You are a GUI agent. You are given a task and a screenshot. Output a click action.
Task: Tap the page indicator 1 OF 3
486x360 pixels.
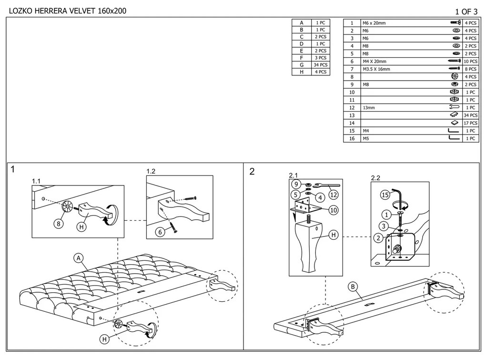click(466, 11)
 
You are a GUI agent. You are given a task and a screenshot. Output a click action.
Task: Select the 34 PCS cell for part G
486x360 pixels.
click(320, 65)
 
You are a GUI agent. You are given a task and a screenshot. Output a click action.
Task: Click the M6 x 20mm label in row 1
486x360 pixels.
click(374, 23)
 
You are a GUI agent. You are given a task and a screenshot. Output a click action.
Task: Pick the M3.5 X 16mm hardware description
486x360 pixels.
click(376, 69)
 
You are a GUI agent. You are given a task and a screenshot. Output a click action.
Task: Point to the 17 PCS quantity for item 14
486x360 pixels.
click(470, 123)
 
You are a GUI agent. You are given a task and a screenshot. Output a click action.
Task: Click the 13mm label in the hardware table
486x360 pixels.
click(369, 108)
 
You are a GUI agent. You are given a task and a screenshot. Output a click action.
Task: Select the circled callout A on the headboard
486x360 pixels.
click(79, 258)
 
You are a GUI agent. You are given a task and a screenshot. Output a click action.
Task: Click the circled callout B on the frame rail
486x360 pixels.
click(353, 287)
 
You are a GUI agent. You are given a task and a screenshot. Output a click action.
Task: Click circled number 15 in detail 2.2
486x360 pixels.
click(385, 195)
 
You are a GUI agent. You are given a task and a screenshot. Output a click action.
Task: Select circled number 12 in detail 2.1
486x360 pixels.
click(334, 195)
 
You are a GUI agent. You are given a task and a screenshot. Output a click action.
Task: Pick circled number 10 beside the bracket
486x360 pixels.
click(334, 210)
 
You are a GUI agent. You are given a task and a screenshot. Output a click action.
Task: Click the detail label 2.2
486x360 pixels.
click(375, 178)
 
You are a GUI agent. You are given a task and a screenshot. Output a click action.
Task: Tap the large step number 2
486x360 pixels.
click(252, 172)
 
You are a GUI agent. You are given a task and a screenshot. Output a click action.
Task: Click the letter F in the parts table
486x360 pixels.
click(302, 58)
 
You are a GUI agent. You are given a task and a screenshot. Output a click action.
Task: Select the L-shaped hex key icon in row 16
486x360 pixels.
click(454, 138)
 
